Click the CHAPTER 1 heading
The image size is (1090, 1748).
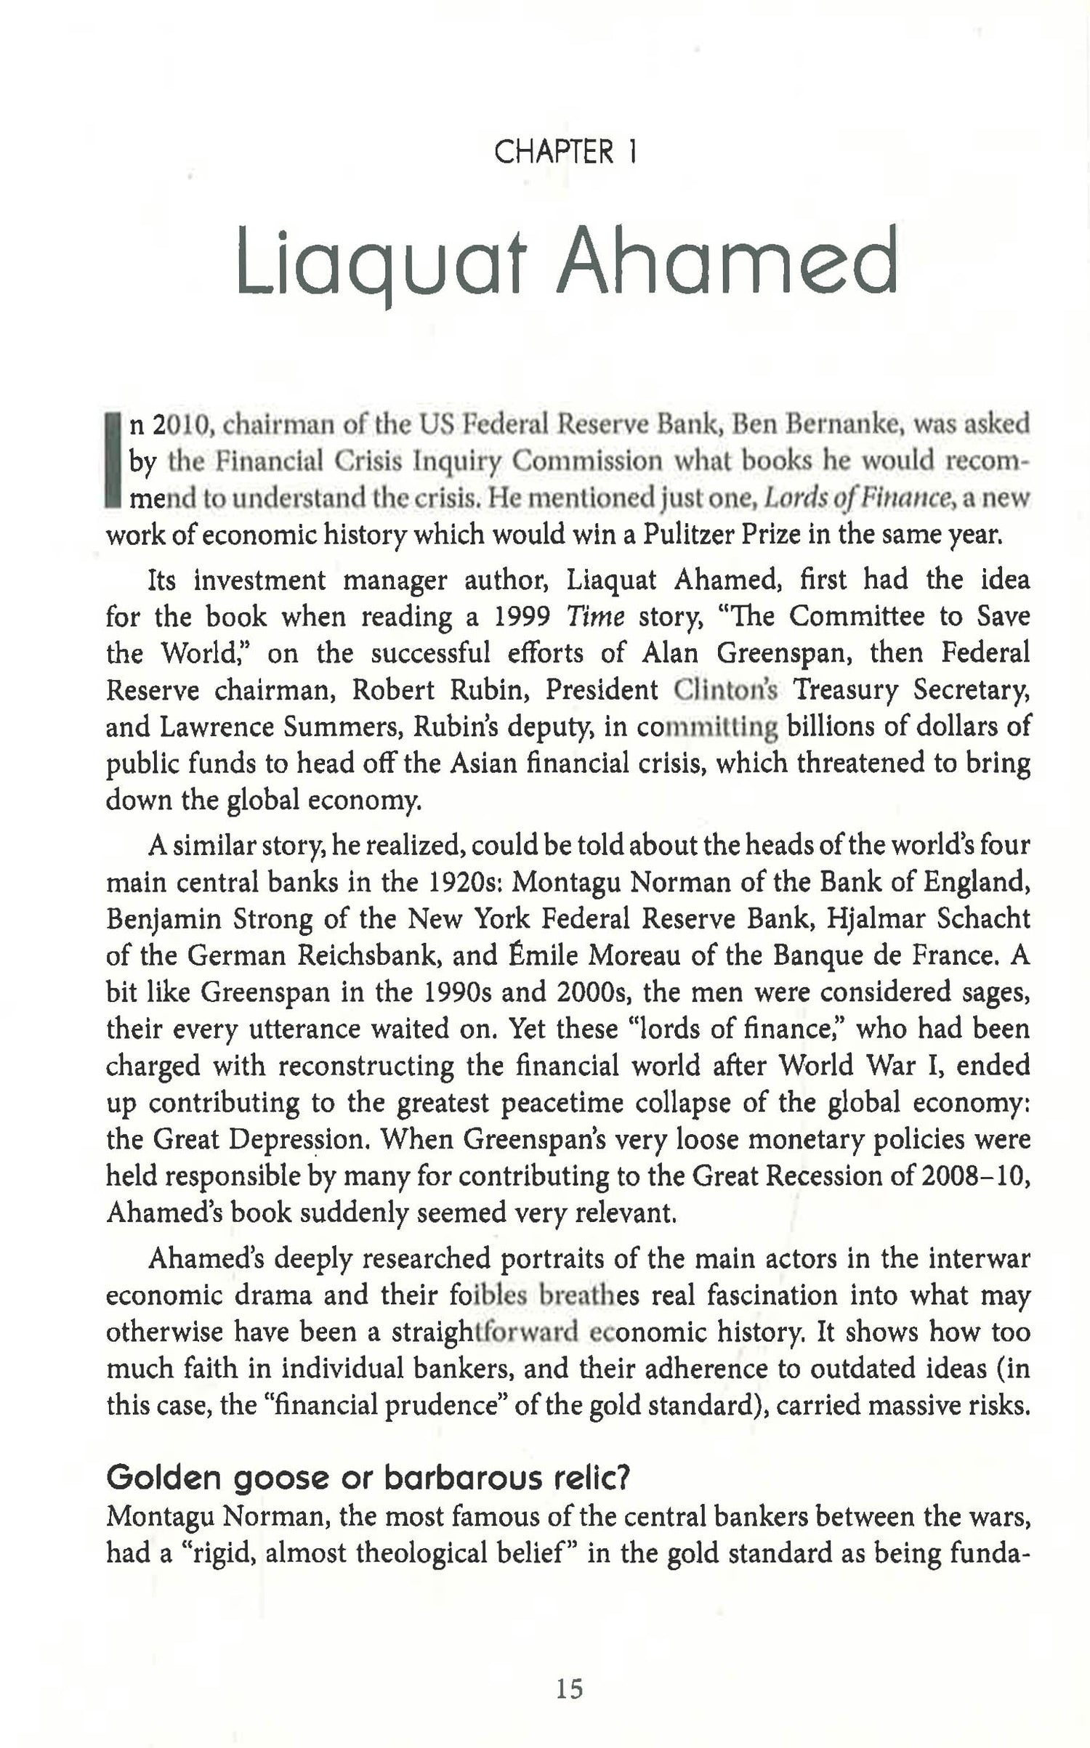565,153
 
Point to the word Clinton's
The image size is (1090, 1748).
724,690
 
